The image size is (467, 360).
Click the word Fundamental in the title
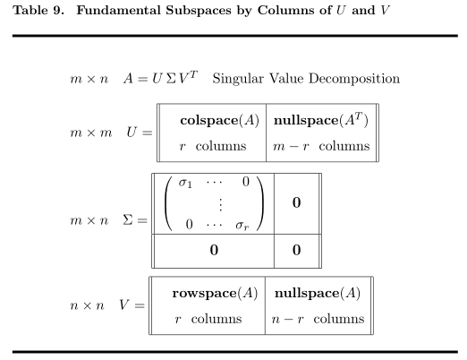tap(119, 10)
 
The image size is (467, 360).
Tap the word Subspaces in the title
tap(199, 11)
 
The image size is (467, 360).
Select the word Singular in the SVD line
tap(238, 79)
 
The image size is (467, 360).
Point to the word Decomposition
tap(354, 79)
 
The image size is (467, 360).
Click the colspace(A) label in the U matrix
tap(220, 120)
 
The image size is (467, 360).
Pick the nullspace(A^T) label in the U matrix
tap(321, 120)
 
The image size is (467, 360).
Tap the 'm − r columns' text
tap(321, 146)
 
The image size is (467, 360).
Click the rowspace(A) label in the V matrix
tap(215, 293)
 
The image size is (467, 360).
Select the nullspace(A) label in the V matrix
tap(318, 293)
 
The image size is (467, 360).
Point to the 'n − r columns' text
tap(318, 319)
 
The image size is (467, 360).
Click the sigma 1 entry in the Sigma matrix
tap(185, 183)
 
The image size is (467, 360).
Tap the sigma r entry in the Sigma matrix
tap(242, 226)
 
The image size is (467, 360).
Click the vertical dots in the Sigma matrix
tap(220, 204)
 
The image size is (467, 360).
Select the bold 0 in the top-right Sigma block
tap(296, 202)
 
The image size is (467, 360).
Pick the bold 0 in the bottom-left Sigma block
tap(214, 250)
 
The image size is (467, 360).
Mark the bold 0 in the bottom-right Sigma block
tap(296, 250)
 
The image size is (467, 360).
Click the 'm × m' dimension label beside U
tap(91, 133)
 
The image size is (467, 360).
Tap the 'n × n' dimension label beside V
tap(87, 305)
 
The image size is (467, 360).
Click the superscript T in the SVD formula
tap(193, 74)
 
